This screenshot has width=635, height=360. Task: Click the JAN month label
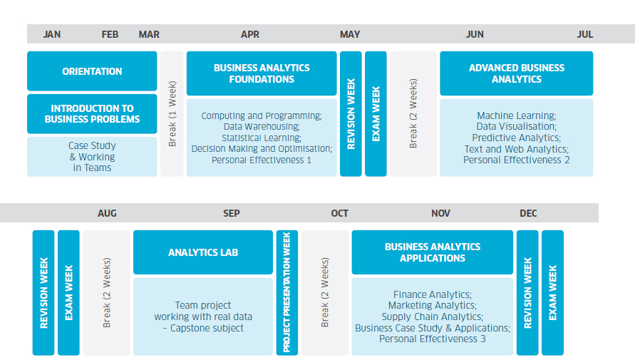[52, 34]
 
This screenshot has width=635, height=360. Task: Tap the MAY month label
[350, 34]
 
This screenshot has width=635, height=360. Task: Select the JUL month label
[585, 34]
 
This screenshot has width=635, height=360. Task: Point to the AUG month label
[107, 213]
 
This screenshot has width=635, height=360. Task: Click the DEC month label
[528, 213]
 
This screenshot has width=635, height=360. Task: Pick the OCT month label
[339, 213]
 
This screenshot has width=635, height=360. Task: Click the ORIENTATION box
[92, 71]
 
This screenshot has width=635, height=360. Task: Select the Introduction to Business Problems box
[92, 114]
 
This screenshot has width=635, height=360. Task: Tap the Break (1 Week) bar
[172, 114]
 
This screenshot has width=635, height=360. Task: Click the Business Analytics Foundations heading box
[262, 73]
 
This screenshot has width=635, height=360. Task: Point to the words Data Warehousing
[261, 127]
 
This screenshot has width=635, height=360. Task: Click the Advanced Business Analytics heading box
[517, 73]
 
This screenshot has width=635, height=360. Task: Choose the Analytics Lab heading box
[203, 252]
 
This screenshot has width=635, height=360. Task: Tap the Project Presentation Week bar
[287, 293]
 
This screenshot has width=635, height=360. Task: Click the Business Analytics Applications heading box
[433, 252]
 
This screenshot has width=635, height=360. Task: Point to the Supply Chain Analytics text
[431, 317]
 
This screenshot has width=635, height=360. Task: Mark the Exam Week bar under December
[553, 293]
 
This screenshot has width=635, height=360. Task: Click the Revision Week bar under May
[351, 114]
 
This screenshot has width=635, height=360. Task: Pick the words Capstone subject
[207, 328]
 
